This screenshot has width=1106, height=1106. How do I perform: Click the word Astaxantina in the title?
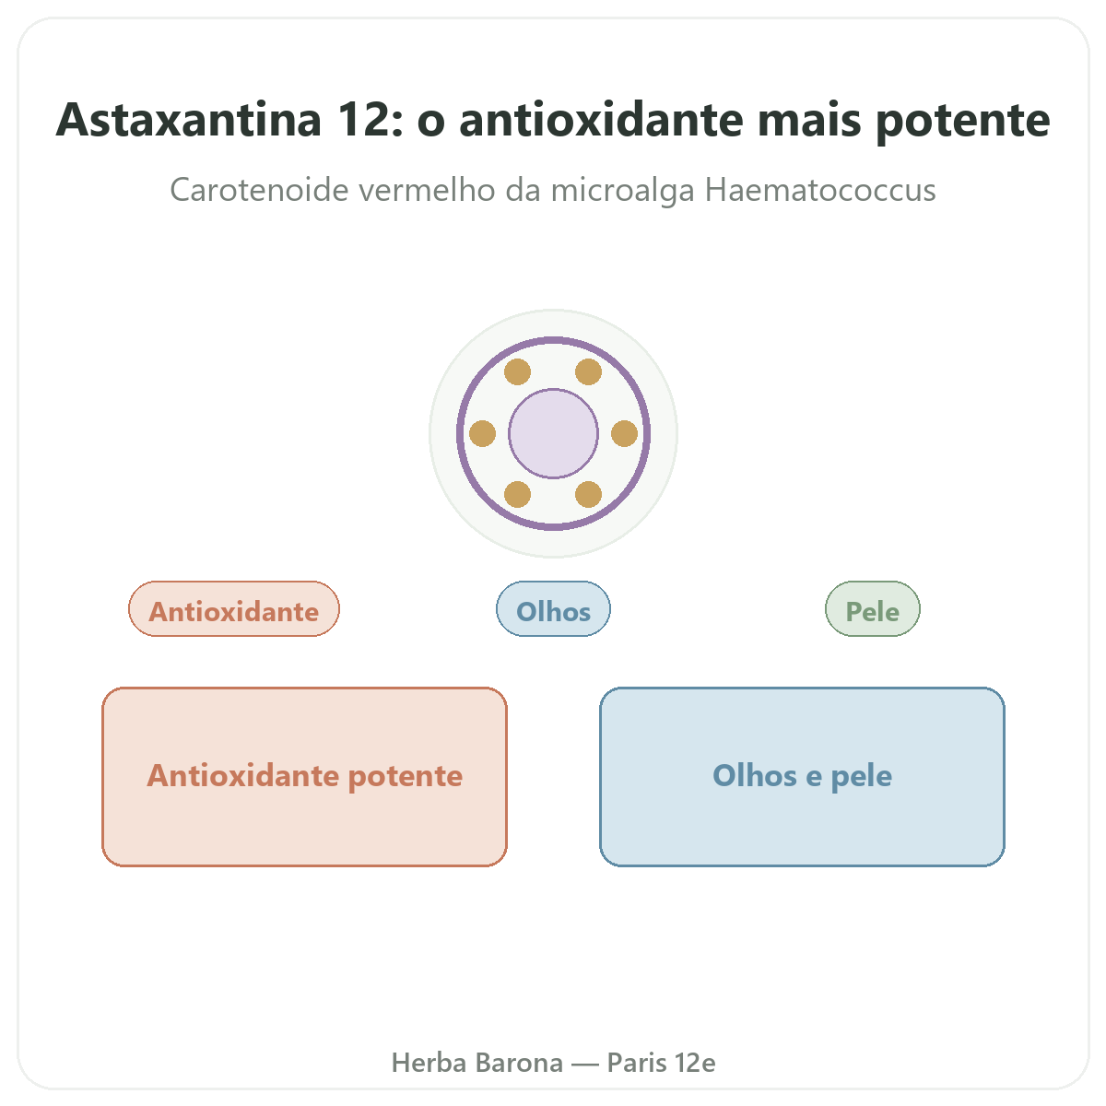pos(188,120)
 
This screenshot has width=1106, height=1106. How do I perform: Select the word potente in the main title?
pos(962,122)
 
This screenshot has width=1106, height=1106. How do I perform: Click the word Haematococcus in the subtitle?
pos(820,190)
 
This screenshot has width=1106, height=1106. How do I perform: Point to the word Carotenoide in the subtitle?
pos(259,190)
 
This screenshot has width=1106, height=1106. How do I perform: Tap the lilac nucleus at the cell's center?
pos(553,433)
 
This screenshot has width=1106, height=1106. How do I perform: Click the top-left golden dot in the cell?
pos(517,372)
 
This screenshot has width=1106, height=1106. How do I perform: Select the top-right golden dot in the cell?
pos(588,372)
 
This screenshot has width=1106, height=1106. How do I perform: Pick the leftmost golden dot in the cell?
pos(482,433)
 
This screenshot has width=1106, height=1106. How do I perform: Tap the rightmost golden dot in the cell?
pos(625,433)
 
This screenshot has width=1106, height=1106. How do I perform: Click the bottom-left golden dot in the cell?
pos(517,494)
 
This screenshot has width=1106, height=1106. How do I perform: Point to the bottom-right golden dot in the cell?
pos(588,494)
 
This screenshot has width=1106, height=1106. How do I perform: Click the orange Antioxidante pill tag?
pos(233,609)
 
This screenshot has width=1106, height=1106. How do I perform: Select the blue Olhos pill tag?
pos(553,609)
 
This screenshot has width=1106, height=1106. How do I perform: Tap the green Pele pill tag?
pos(873,609)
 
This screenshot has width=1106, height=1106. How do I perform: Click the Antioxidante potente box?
pos(304,777)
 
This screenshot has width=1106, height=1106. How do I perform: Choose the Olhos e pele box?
pos(802,777)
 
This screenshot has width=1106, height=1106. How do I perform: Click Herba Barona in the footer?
pos(477,1063)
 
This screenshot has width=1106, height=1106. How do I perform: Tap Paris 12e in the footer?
pos(661,1063)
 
